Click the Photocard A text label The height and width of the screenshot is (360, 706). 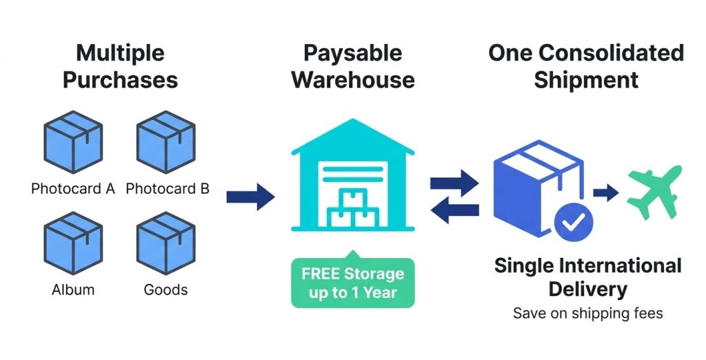click(72, 188)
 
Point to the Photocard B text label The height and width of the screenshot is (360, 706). click(168, 188)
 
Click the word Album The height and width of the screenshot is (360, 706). click(72, 290)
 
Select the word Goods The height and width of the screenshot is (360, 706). click(165, 290)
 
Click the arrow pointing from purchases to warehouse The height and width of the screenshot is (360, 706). click(250, 197)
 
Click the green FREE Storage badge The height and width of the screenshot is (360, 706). click(352, 283)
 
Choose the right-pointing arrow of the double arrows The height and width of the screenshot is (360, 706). click(454, 183)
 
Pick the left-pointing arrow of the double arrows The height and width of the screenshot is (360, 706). click(454, 210)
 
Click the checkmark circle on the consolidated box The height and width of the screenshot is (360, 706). click(573, 221)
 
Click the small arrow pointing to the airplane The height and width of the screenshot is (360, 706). click(605, 192)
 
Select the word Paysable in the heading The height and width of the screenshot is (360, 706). click(353, 52)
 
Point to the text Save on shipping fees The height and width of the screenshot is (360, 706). click(587, 314)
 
